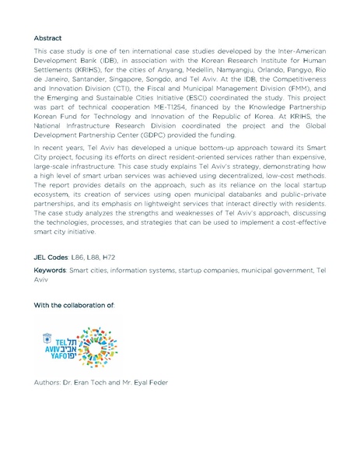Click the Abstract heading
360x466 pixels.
48,37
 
